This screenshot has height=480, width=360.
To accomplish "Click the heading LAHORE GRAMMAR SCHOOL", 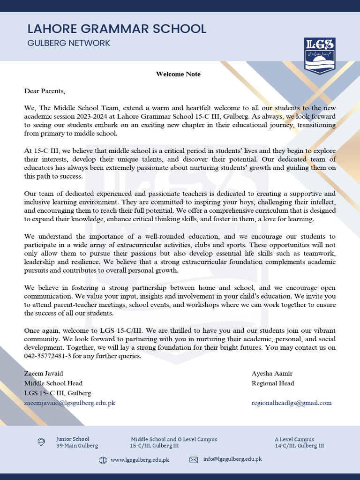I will tap(117, 29).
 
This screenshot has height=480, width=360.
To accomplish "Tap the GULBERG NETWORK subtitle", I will tap(69, 43).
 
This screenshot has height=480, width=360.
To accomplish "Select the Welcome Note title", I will tap(178, 74).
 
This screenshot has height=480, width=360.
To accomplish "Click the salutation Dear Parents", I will tap(45, 91).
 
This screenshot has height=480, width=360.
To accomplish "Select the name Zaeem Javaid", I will tap(44, 374).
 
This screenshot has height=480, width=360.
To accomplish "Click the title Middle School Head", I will tap(53, 383).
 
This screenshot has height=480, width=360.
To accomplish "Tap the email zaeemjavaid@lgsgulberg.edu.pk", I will tap(70, 403).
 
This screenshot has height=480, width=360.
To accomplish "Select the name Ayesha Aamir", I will tap(272, 374).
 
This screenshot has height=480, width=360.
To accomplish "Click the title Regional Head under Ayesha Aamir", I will tap(273, 383).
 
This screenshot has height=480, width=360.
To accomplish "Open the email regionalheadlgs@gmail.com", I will tap(291, 403).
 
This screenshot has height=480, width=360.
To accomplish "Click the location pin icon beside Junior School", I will tap(41, 442).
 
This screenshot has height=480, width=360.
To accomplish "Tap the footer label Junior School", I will tap(72, 439).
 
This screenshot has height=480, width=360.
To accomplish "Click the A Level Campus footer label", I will tap(294, 439).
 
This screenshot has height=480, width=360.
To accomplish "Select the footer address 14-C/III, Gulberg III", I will tap(299, 446).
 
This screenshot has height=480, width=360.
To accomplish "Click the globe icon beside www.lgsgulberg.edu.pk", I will tap(103, 460).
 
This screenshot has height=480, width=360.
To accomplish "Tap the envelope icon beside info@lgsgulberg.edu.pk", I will tap(193, 460).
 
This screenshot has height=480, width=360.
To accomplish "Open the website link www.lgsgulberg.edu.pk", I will tap(140, 460).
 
